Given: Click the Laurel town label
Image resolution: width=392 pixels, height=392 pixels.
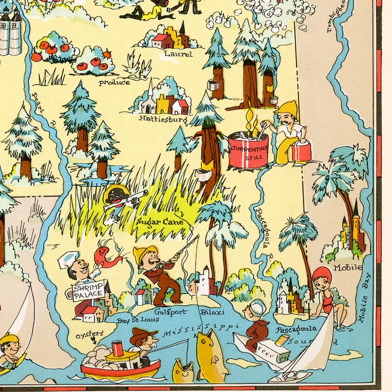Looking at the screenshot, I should coord(179,54).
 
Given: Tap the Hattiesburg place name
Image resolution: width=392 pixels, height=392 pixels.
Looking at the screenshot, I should coord(162,119).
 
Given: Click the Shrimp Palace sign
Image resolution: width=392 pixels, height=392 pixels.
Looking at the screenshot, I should coord(89,291).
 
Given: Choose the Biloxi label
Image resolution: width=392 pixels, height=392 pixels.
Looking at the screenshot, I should coord(213,312).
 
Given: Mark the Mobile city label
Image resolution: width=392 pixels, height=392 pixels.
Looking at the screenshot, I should coord(348,268).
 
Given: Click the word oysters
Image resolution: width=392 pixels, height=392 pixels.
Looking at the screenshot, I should coord(88,334).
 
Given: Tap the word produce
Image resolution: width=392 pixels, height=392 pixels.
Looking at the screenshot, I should coord(114,82).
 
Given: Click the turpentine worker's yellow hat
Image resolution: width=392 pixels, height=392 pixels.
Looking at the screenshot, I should coord(285,107).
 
